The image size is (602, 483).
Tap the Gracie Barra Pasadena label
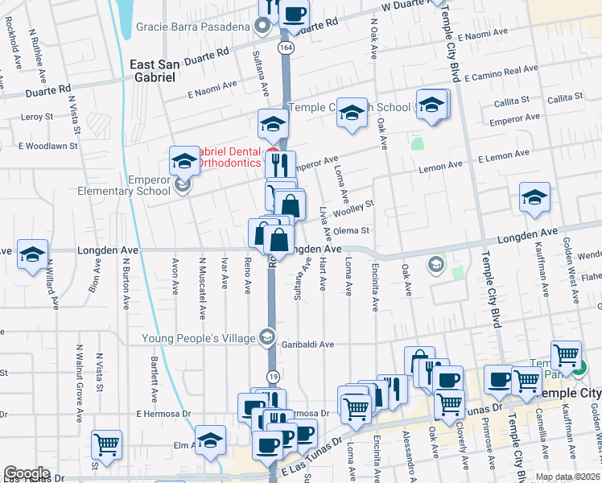[x=192, y=27]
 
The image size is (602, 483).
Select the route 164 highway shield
[x=287, y=48]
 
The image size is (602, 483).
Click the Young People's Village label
[x=199, y=338]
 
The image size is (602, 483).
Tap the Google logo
[x=27, y=473]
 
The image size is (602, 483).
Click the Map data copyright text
[x=567, y=477]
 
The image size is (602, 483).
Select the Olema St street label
[x=352, y=230]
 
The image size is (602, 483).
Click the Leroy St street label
[x=36, y=117]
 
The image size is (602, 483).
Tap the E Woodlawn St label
[x=47, y=147]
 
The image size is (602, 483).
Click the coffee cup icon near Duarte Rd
[x=295, y=13]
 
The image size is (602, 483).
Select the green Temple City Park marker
[x=579, y=371]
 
